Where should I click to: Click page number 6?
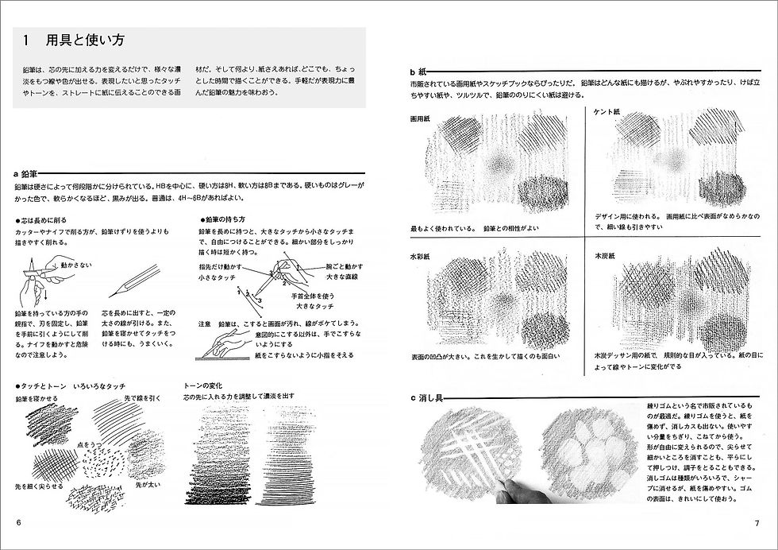(x=17, y=522)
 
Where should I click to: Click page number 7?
(x=757, y=522)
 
